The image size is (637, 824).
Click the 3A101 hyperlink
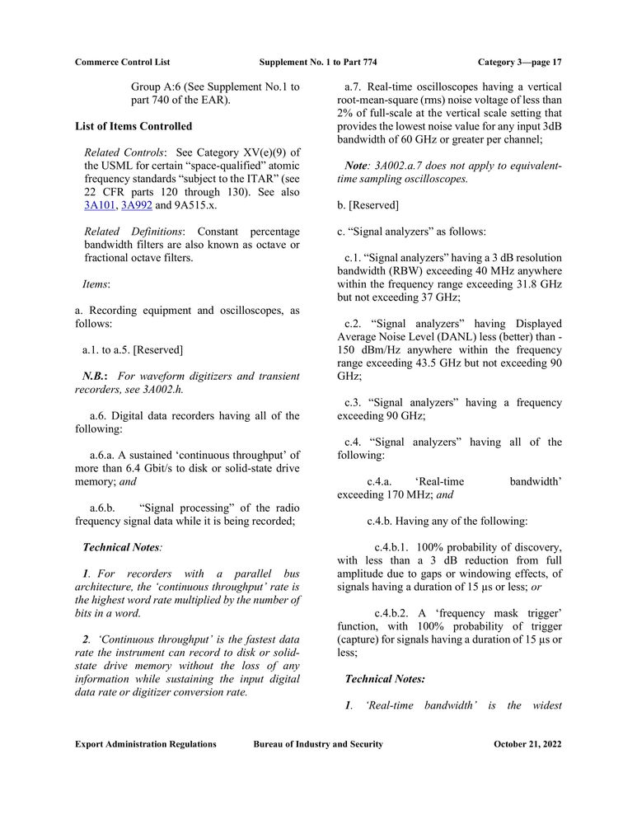tap(99, 205)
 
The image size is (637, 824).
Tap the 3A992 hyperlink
tap(136, 205)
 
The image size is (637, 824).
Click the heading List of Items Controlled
tap(133, 126)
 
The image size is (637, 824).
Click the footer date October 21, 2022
tap(527, 744)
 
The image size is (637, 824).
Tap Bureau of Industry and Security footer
tap(318, 744)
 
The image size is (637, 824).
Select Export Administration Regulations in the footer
tap(146, 744)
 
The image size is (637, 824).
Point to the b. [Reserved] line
tap(368, 204)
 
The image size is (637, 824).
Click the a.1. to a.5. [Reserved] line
tap(133, 349)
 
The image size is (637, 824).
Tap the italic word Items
tap(96, 284)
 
